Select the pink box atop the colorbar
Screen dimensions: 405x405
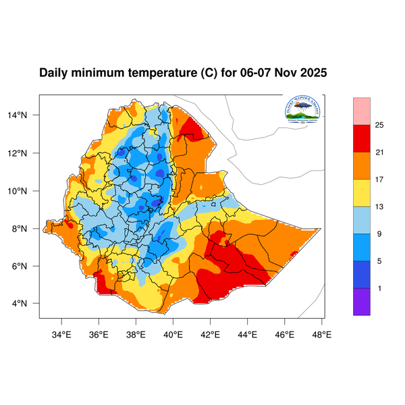(x=362, y=110)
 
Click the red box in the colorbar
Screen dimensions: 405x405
(x=362, y=138)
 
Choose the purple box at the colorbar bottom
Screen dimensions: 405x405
(x=362, y=302)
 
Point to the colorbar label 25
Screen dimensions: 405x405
(x=380, y=125)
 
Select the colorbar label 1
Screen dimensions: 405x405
(x=380, y=288)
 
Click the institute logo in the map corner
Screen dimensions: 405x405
(x=302, y=109)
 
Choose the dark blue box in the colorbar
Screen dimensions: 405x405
(x=362, y=274)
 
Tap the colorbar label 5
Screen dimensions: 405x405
(x=380, y=261)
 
